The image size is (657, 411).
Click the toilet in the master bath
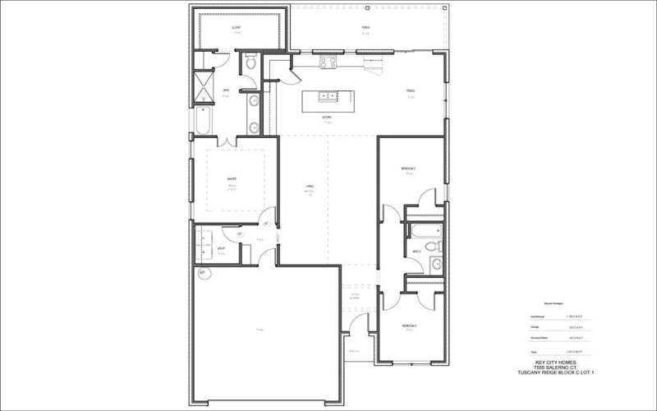(252, 62)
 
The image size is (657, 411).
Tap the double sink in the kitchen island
(328, 96)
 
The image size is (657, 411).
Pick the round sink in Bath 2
(436, 264)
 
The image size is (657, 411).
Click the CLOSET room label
(236, 27)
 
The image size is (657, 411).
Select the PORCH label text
(365, 27)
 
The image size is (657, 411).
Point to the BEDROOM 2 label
(408, 169)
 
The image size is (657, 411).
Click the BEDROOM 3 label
(409, 326)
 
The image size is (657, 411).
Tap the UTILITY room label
(222, 248)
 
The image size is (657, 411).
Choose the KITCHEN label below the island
(327, 118)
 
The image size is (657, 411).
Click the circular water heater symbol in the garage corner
(202, 273)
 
